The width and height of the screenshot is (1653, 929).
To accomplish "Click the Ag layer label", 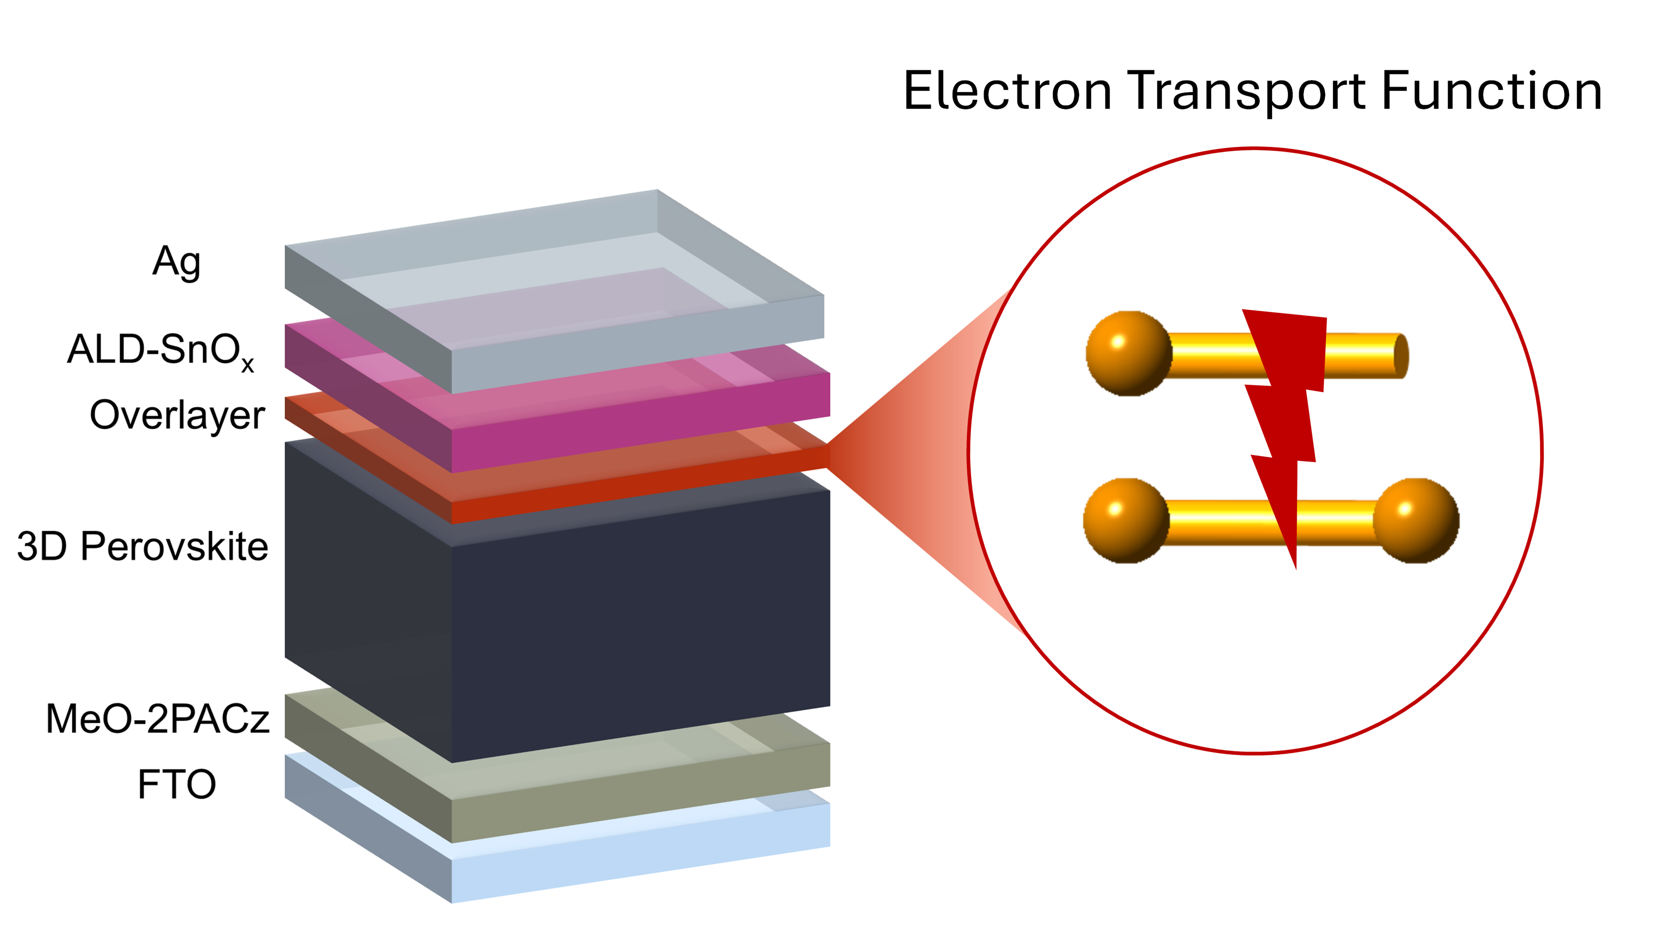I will tap(176, 262).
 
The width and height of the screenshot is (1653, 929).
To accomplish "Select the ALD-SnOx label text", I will tap(160, 351).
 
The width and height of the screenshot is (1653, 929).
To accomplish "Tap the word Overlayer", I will tap(177, 415).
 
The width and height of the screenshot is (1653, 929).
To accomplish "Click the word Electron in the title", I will tap(1008, 91).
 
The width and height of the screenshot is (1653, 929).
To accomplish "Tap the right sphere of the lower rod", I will tap(1415, 520).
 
